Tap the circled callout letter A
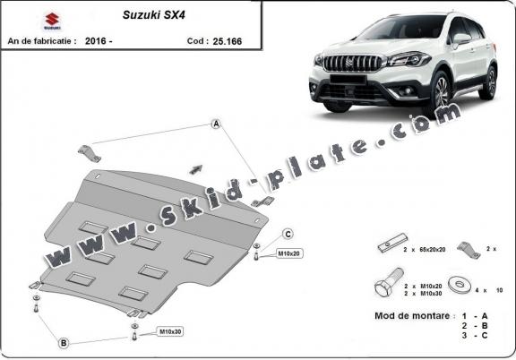216,124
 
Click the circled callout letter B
64,343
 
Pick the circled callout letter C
288,235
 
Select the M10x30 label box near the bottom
170,332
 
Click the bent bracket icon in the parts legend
466,247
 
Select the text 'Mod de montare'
408,317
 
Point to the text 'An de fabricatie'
41,40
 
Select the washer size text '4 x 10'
489,289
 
